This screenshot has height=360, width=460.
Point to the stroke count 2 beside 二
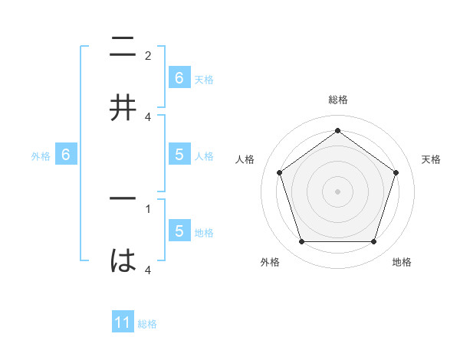click(148, 55)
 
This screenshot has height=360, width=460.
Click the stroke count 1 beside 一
click(148, 208)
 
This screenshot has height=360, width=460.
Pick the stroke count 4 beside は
click(148, 270)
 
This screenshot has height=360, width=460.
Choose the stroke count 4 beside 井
click(148, 116)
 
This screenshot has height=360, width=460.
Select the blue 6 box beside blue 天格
click(179, 77)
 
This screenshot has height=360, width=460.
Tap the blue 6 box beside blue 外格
click(66, 155)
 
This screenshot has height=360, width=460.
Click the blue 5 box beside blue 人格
click(179, 155)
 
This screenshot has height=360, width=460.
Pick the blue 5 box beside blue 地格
click(179, 231)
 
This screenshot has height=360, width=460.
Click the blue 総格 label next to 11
click(147, 324)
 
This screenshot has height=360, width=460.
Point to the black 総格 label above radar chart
click(337, 100)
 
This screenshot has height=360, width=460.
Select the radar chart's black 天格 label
click(431, 159)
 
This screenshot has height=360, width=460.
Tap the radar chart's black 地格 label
click(402, 262)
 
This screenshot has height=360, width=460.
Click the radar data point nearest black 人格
click(279, 172)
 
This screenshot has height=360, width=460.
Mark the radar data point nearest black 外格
click(301, 242)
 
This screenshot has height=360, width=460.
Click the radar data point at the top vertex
click(337, 131)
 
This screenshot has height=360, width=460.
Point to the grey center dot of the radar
click(337, 191)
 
